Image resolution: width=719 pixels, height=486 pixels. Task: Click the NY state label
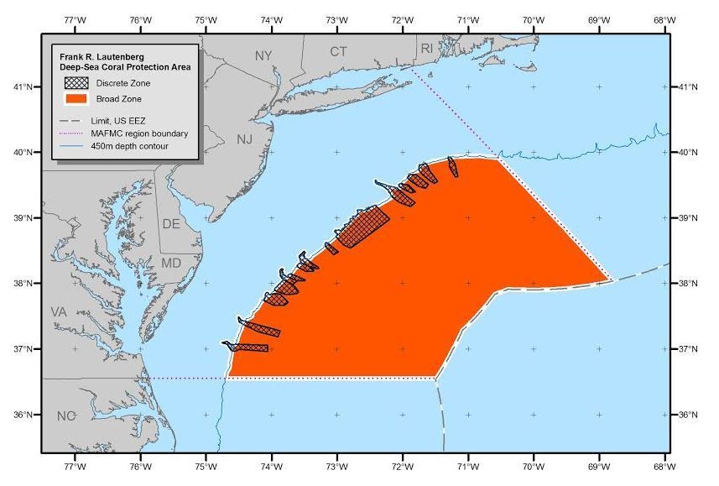263,55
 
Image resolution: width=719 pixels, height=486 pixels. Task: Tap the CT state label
338,52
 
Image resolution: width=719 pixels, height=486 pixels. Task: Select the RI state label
427,49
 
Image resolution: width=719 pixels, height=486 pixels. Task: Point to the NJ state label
244,139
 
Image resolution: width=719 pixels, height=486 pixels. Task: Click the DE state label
170,224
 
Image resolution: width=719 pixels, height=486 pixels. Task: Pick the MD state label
170,263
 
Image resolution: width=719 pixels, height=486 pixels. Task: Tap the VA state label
58,311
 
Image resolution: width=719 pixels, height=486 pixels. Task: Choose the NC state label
66,416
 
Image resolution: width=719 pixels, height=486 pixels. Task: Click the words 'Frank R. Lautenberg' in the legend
96,56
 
